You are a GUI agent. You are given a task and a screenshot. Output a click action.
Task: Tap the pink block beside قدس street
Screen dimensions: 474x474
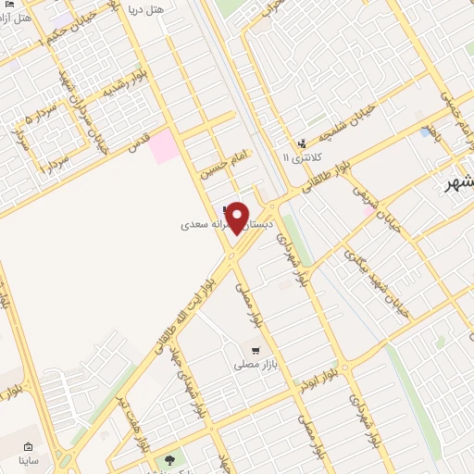pyautogui.click(x=164, y=147)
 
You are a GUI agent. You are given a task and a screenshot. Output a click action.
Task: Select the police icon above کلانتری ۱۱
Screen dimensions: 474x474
pyautogui.click(x=302, y=143)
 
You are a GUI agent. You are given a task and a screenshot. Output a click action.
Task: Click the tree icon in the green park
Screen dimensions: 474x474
pyautogui.click(x=168, y=457)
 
